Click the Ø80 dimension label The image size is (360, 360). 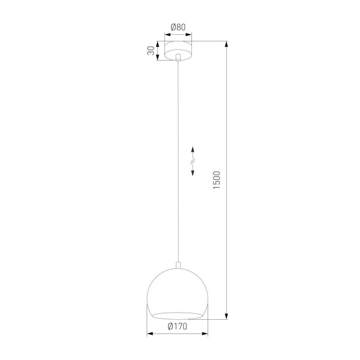178,27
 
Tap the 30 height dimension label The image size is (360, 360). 151,50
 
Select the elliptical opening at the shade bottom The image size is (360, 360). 178,314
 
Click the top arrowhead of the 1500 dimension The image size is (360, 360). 227,44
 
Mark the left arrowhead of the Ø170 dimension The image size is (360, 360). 150,334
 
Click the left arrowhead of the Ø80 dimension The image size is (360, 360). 166,35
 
